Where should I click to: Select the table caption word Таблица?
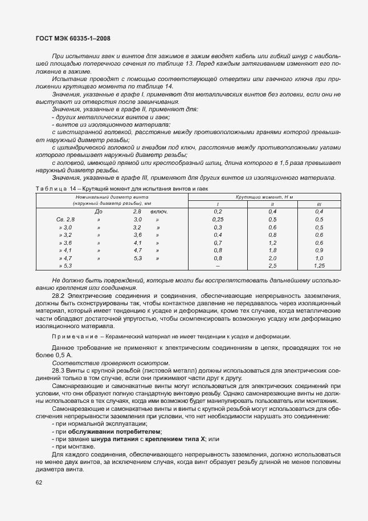pos(50,188)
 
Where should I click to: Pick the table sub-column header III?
pos(318,204)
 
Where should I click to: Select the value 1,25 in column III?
pos(319,266)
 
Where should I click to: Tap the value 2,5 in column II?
pos(272,266)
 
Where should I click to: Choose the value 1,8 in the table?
pos(272,251)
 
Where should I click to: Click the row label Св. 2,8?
pos(66,219)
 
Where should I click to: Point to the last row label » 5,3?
pos(66,266)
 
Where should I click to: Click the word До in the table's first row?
pos(98,211)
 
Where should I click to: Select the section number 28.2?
pos(59,297)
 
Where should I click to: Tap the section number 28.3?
pos(59,371)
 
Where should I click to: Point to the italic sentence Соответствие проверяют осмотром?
pos(111,363)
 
